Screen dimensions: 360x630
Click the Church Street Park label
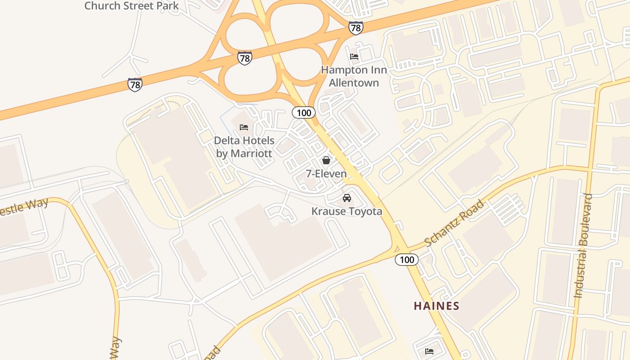131,6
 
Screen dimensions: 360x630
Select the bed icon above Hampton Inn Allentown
354,57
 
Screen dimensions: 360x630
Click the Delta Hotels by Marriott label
244,147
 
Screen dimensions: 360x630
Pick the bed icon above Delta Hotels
244,127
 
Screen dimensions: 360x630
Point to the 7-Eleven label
326,174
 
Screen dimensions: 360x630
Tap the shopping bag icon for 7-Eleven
326,160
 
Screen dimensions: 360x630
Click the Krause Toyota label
347,211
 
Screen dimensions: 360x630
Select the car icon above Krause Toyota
347,198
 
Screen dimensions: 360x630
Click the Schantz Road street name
454,223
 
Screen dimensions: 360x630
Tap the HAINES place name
436,306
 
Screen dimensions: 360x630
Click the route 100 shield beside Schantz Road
407,259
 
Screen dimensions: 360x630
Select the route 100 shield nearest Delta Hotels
304,112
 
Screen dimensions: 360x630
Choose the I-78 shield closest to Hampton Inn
355,28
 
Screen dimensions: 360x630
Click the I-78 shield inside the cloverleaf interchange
244,58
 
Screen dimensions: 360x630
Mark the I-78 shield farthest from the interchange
135,84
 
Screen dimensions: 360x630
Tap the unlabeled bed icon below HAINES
429,351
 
